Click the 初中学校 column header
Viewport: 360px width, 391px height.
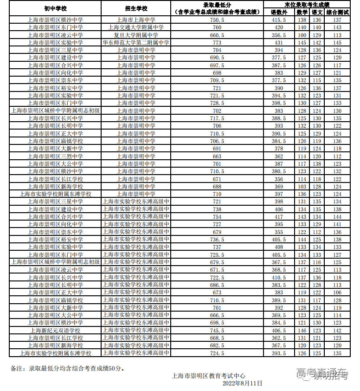[x=55, y=8]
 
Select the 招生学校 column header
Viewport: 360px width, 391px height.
[x=136, y=8]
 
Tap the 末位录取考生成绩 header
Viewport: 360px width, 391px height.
[x=307, y=4]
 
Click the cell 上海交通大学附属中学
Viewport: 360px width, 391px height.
[x=136, y=27]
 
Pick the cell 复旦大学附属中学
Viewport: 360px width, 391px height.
[x=136, y=35]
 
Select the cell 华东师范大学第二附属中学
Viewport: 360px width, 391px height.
[x=136, y=43]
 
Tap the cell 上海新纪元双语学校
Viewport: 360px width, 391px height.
[x=55, y=331]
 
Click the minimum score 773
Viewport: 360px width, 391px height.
[x=217, y=43]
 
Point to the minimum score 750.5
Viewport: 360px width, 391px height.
[x=217, y=20]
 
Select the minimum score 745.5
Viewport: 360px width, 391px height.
[x=217, y=331]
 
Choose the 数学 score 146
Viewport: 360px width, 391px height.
[x=302, y=331]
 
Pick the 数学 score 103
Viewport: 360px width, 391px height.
[x=302, y=187]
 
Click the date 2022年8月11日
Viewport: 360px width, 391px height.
[x=242, y=384]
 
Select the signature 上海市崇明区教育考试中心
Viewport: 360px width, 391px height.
[x=208, y=376]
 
